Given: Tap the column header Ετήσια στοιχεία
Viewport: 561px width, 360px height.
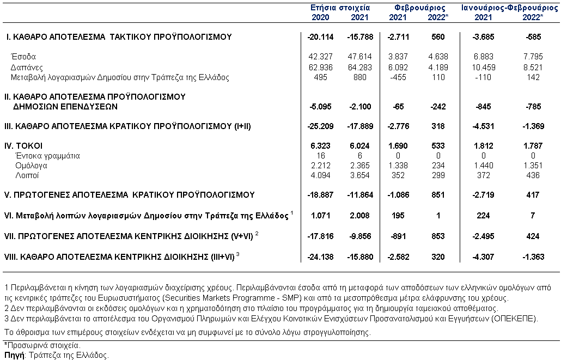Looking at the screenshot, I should point(340,8).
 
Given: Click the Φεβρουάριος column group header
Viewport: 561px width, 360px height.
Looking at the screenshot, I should point(419,8).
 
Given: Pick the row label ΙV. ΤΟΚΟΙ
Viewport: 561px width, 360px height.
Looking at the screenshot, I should point(23,146).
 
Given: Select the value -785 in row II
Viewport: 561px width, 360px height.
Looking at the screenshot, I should point(532,107).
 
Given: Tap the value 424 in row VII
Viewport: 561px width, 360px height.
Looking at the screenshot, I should point(533,236).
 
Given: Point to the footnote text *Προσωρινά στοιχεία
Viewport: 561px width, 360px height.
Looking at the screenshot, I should point(42,345).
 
